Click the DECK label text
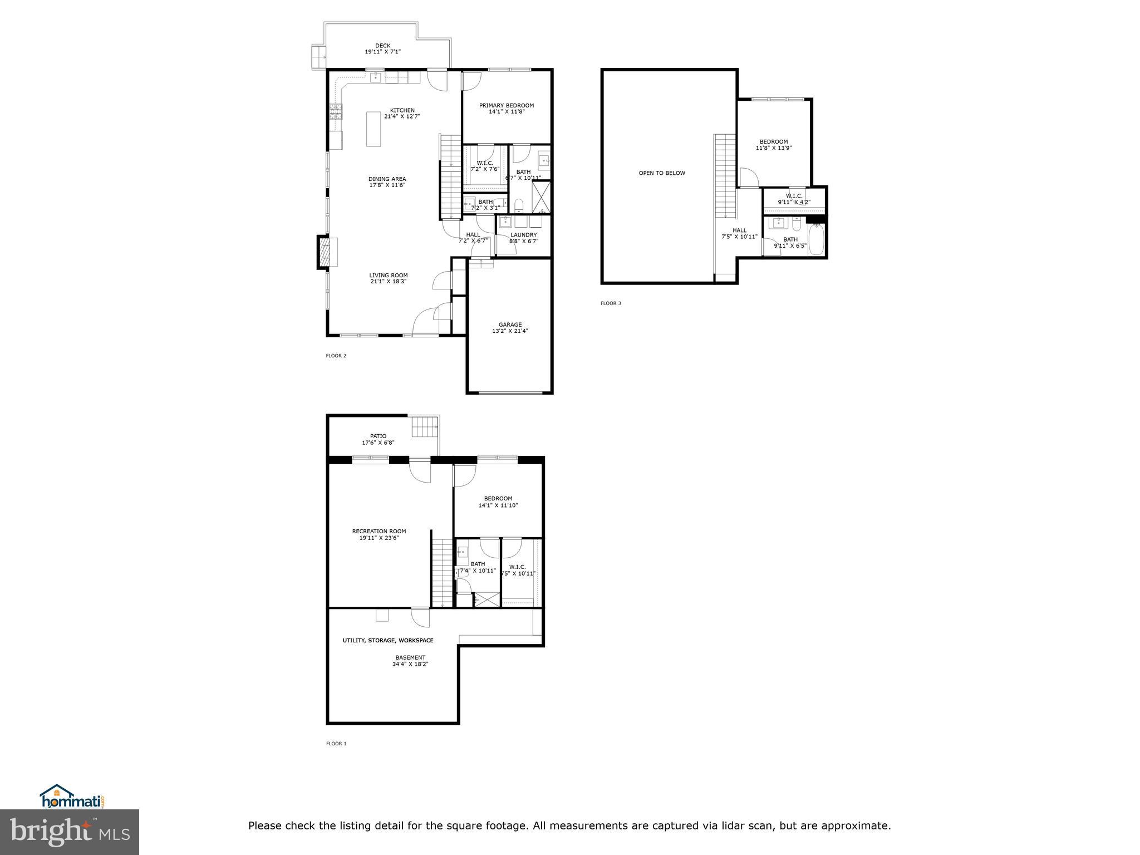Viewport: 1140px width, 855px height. (x=382, y=46)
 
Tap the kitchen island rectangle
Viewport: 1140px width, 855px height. (x=374, y=129)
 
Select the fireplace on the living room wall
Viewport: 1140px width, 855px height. (x=325, y=253)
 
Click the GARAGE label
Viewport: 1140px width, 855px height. (x=510, y=325)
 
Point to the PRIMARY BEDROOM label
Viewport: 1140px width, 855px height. (x=507, y=105)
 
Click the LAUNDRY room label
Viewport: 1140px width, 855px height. (x=523, y=235)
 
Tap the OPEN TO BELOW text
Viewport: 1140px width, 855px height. (x=662, y=173)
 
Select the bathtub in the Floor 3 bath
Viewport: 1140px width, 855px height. (x=815, y=240)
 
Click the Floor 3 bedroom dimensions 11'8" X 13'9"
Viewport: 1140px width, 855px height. (x=774, y=148)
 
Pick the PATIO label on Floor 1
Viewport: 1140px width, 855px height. (x=378, y=436)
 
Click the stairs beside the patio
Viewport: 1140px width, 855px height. (x=424, y=428)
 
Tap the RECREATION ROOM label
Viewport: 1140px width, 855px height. (x=379, y=531)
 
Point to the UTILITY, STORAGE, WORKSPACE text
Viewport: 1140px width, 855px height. (x=387, y=641)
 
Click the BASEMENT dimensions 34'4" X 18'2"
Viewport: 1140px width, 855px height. (x=410, y=664)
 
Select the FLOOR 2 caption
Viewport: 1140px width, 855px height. (x=336, y=356)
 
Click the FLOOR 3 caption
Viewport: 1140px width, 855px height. (x=611, y=303)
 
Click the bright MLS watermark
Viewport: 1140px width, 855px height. (x=70, y=831)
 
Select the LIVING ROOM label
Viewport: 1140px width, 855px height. (x=389, y=275)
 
